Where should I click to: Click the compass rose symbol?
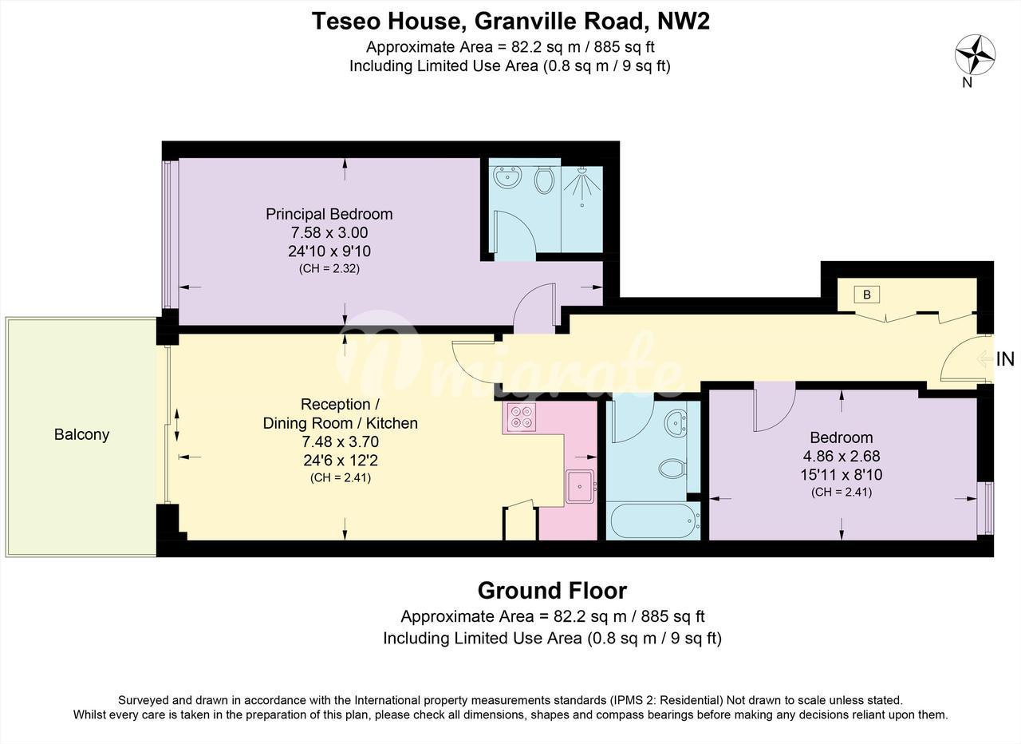coord(975,55)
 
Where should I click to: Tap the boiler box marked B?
coord(867,295)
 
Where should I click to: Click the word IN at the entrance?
coord(1006,359)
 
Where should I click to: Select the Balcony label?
coord(81,435)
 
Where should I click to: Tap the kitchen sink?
coord(580,486)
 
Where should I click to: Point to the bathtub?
coord(653,520)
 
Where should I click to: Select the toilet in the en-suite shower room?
coord(544,180)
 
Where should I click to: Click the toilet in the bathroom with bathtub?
coord(672,469)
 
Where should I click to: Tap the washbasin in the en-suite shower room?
coord(508,177)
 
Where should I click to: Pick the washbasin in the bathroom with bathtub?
coord(676,423)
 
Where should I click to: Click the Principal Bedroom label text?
coord(329,215)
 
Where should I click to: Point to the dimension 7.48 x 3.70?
coord(341,442)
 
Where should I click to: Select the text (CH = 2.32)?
coord(329,269)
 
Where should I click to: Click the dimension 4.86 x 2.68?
coord(842,456)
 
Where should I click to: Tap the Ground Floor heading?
coord(552,591)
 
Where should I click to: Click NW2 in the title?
coord(684,22)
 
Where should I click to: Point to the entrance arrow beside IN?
coord(985,359)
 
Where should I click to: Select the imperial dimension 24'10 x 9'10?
coord(329,251)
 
